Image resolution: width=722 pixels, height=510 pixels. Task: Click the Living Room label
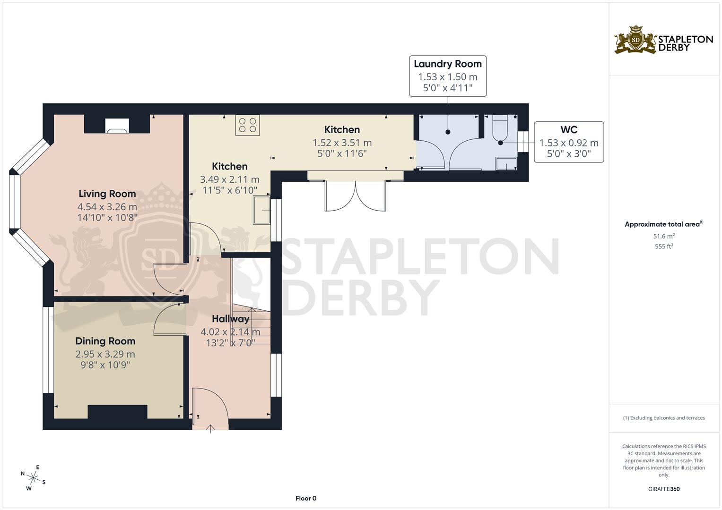(x=107, y=194)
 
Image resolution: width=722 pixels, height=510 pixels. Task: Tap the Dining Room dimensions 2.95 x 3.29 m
(x=105, y=354)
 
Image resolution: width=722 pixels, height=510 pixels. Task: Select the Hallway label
(x=230, y=319)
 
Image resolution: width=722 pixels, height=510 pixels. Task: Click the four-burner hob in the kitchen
(x=248, y=125)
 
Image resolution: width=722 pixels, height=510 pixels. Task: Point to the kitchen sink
(x=261, y=210)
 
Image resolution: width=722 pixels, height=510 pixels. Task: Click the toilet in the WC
(x=500, y=129)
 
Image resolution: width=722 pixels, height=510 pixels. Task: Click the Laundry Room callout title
(x=447, y=64)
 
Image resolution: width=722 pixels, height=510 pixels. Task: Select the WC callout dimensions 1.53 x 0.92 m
(x=569, y=143)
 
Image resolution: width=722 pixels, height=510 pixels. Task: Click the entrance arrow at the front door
(x=210, y=428)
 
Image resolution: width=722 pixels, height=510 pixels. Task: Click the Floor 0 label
(x=305, y=498)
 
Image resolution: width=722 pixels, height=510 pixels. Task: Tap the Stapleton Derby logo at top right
(x=663, y=40)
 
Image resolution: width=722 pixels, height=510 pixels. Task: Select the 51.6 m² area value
(x=663, y=236)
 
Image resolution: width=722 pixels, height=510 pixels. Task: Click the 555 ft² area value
(x=663, y=246)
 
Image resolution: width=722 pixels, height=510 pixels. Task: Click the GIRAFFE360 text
(x=663, y=489)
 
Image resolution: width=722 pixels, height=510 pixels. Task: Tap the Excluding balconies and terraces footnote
(x=663, y=418)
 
